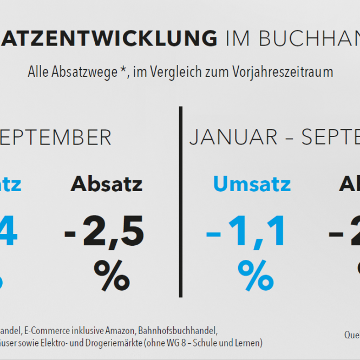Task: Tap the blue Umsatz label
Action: click(252, 184)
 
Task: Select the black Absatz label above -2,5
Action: click(107, 184)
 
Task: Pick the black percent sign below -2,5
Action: click(112, 275)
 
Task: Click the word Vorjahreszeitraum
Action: click(286, 72)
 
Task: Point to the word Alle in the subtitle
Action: click(39, 72)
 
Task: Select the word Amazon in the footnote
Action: click(119, 330)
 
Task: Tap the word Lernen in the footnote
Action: click(250, 343)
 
